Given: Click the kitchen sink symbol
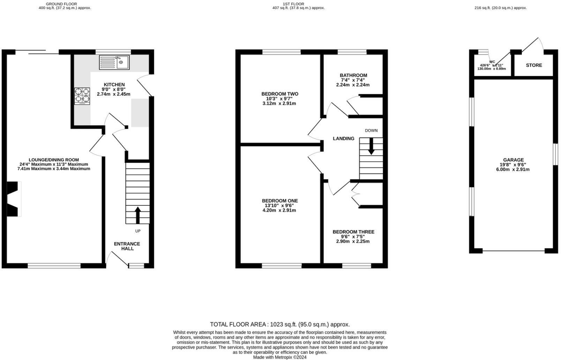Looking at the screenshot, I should click(x=114, y=62).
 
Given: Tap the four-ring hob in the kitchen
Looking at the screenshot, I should click(x=82, y=96).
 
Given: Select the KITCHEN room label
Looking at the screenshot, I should click(x=114, y=85).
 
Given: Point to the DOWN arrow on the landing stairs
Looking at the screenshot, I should click(x=371, y=146).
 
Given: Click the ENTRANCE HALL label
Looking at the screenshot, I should click(x=127, y=246).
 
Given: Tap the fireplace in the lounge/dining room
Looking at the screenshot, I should click(x=14, y=199).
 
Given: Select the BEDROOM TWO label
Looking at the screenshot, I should click(x=280, y=94).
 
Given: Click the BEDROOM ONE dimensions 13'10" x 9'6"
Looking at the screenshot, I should click(x=280, y=205).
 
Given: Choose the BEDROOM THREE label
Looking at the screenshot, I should click(x=353, y=232).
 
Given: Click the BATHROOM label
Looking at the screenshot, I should click(x=353, y=75).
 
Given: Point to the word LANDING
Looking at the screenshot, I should click(x=343, y=138).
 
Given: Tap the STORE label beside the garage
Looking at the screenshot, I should click(x=534, y=65).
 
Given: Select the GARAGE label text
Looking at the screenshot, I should click(x=513, y=160).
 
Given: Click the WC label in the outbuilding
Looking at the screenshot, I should click(x=492, y=62).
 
